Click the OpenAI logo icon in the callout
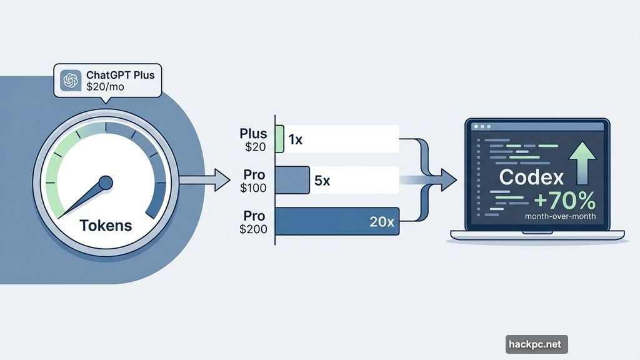71,81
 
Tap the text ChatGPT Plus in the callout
120,75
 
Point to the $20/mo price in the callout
105,87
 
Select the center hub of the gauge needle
106,182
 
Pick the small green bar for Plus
279,139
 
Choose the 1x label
295,140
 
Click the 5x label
322,181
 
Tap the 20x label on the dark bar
381,221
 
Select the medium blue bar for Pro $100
292,180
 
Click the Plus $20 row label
253,139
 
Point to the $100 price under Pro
253,187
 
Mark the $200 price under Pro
253,229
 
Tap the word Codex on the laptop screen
531,177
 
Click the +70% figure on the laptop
564,201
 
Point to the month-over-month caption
560,217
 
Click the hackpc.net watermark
536,344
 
